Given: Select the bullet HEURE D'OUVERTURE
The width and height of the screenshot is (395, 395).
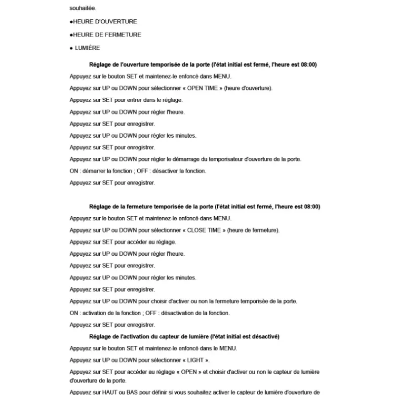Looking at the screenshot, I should (x=105, y=22).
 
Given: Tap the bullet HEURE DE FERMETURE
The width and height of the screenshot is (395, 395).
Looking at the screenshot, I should (x=107, y=35).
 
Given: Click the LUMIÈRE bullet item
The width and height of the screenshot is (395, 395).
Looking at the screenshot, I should (x=87, y=48).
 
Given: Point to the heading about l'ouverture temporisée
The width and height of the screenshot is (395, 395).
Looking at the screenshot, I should (x=203, y=65).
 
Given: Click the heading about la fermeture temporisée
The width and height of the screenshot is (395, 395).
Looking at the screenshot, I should (x=204, y=206).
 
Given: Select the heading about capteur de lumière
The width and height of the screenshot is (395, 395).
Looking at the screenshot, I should (x=184, y=337).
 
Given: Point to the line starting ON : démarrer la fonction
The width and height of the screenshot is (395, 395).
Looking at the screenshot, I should (x=138, y=171).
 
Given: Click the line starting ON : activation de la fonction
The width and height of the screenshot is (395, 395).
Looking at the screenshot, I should (x=150, y=313).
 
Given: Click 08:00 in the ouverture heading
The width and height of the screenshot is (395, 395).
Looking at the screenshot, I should (x=309, y=65).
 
